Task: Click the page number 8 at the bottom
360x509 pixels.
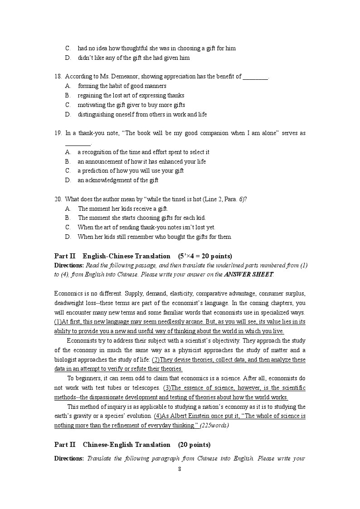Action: coord(180,469)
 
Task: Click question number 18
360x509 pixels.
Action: coord(58,77)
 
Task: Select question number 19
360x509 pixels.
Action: coord(58,133)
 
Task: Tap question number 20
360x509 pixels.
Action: coord(58,199)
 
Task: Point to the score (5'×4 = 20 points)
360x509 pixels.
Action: coord(205,256)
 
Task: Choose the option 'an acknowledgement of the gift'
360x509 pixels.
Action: coord(118,180)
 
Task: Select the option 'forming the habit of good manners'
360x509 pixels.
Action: coord(122,86)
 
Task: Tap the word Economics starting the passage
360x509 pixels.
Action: coord(68,293)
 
